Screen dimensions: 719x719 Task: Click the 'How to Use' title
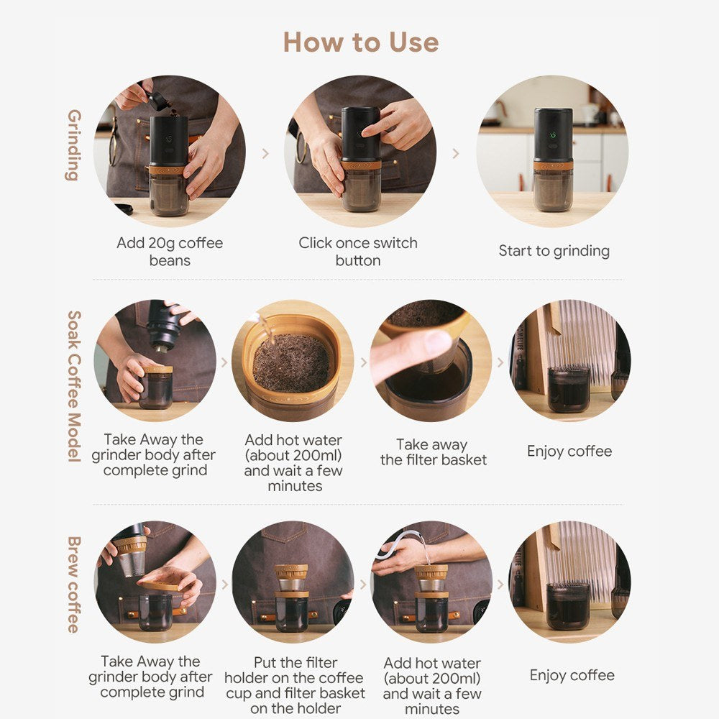tap(361, 42)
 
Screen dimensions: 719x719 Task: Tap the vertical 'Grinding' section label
tap(74, 145)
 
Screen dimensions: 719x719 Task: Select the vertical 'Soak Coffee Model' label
tap(74, 386)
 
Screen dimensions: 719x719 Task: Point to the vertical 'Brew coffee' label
tap(74, 584)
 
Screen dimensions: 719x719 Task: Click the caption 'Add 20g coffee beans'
tap(170, 251)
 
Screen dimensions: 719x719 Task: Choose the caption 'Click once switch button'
tap(357, 251)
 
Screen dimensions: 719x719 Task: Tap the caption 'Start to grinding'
tap(554, 251)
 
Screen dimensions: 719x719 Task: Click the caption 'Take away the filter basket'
tap(434, 452)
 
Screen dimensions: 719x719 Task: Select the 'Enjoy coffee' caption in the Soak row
tap(569, 452)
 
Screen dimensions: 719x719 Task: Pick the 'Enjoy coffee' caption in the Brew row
tap(572, 675)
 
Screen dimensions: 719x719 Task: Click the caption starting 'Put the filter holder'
tap(295, 685)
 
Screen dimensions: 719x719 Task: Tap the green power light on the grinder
tap(553, 135)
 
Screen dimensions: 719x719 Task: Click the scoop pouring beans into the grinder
tap(157, 100)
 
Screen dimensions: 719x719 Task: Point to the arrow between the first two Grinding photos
tap(265, 153)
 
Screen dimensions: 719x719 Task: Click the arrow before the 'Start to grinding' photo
tap(455, 153)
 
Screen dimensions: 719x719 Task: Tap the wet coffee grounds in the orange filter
tap(291, 362)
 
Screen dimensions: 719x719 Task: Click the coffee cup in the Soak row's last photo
tap(569, 389)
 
